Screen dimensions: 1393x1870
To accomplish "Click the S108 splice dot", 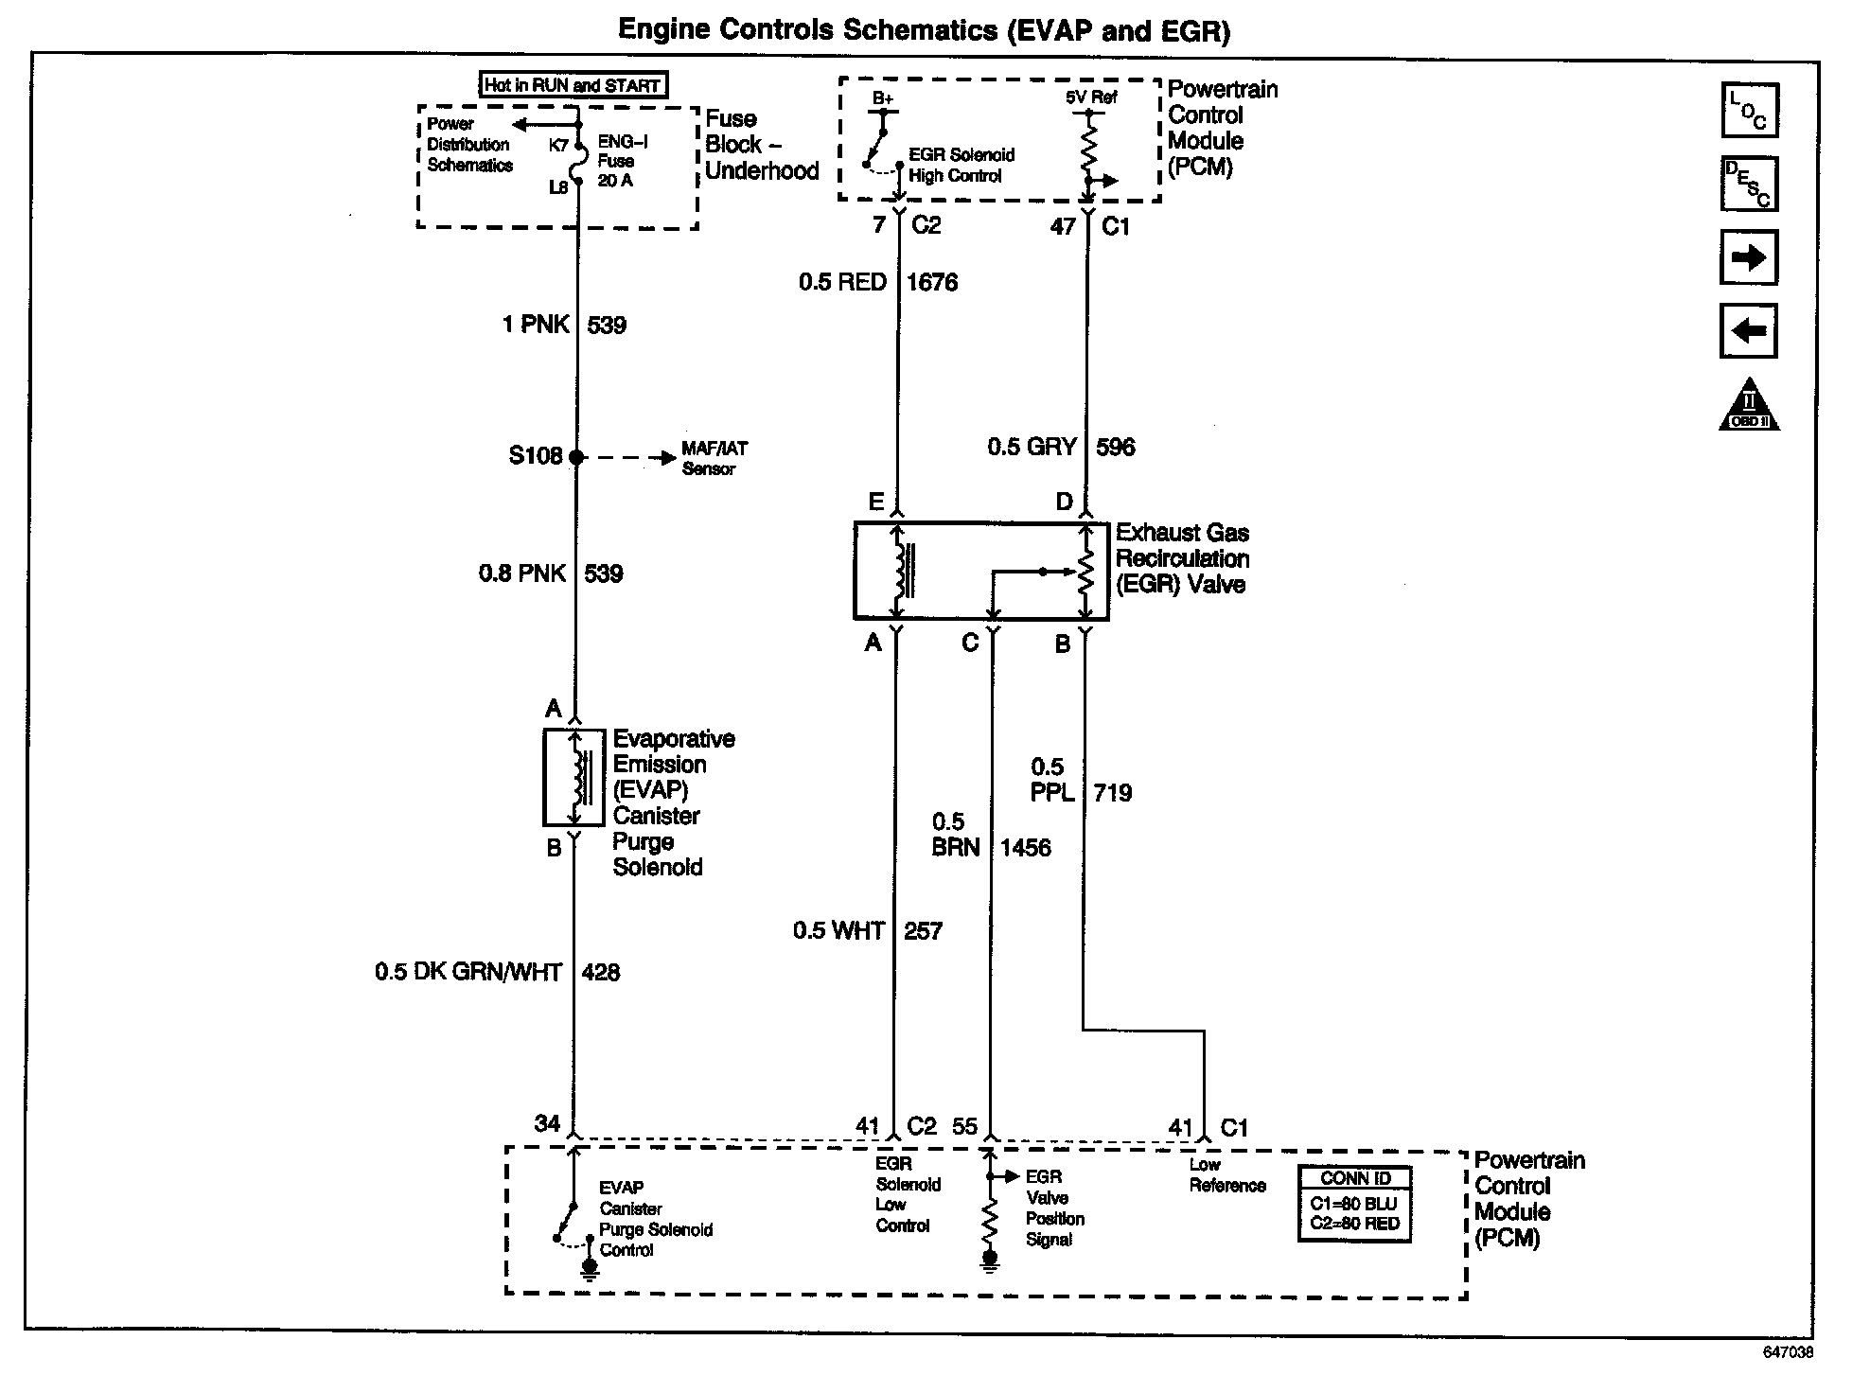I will pos(576,457).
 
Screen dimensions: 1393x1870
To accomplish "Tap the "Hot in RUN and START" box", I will pos(573,85).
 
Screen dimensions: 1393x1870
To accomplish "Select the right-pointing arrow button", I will pos(1748,257).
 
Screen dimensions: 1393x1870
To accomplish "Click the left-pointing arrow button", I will pos(1748,331).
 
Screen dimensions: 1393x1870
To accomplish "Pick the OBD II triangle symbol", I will pos(1749,407).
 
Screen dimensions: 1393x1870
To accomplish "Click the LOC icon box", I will pos(1749,111).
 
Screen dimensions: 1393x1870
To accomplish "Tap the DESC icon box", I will pos(1749,184).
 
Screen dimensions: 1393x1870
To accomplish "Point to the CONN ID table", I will pos(1354,1204).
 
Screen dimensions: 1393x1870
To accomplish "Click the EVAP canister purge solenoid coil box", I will pos(573,778).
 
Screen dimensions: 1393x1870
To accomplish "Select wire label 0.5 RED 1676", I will pos(878,282).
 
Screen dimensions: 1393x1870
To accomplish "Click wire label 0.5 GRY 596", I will pos(1061,447).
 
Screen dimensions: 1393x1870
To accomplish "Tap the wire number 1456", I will pos(1026,848).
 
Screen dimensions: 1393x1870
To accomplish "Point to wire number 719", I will pos(1113,793).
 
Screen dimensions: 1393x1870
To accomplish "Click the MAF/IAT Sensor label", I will pos(714,459).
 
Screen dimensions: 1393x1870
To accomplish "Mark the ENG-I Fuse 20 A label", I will pos(622,161).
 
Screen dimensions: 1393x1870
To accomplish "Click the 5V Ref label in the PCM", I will pos(1091,97).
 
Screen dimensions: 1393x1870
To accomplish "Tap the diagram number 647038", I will pos(1788,1353).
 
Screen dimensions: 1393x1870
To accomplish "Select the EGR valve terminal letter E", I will pos(876,502).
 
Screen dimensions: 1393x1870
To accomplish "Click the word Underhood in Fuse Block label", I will pos(762,171).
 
